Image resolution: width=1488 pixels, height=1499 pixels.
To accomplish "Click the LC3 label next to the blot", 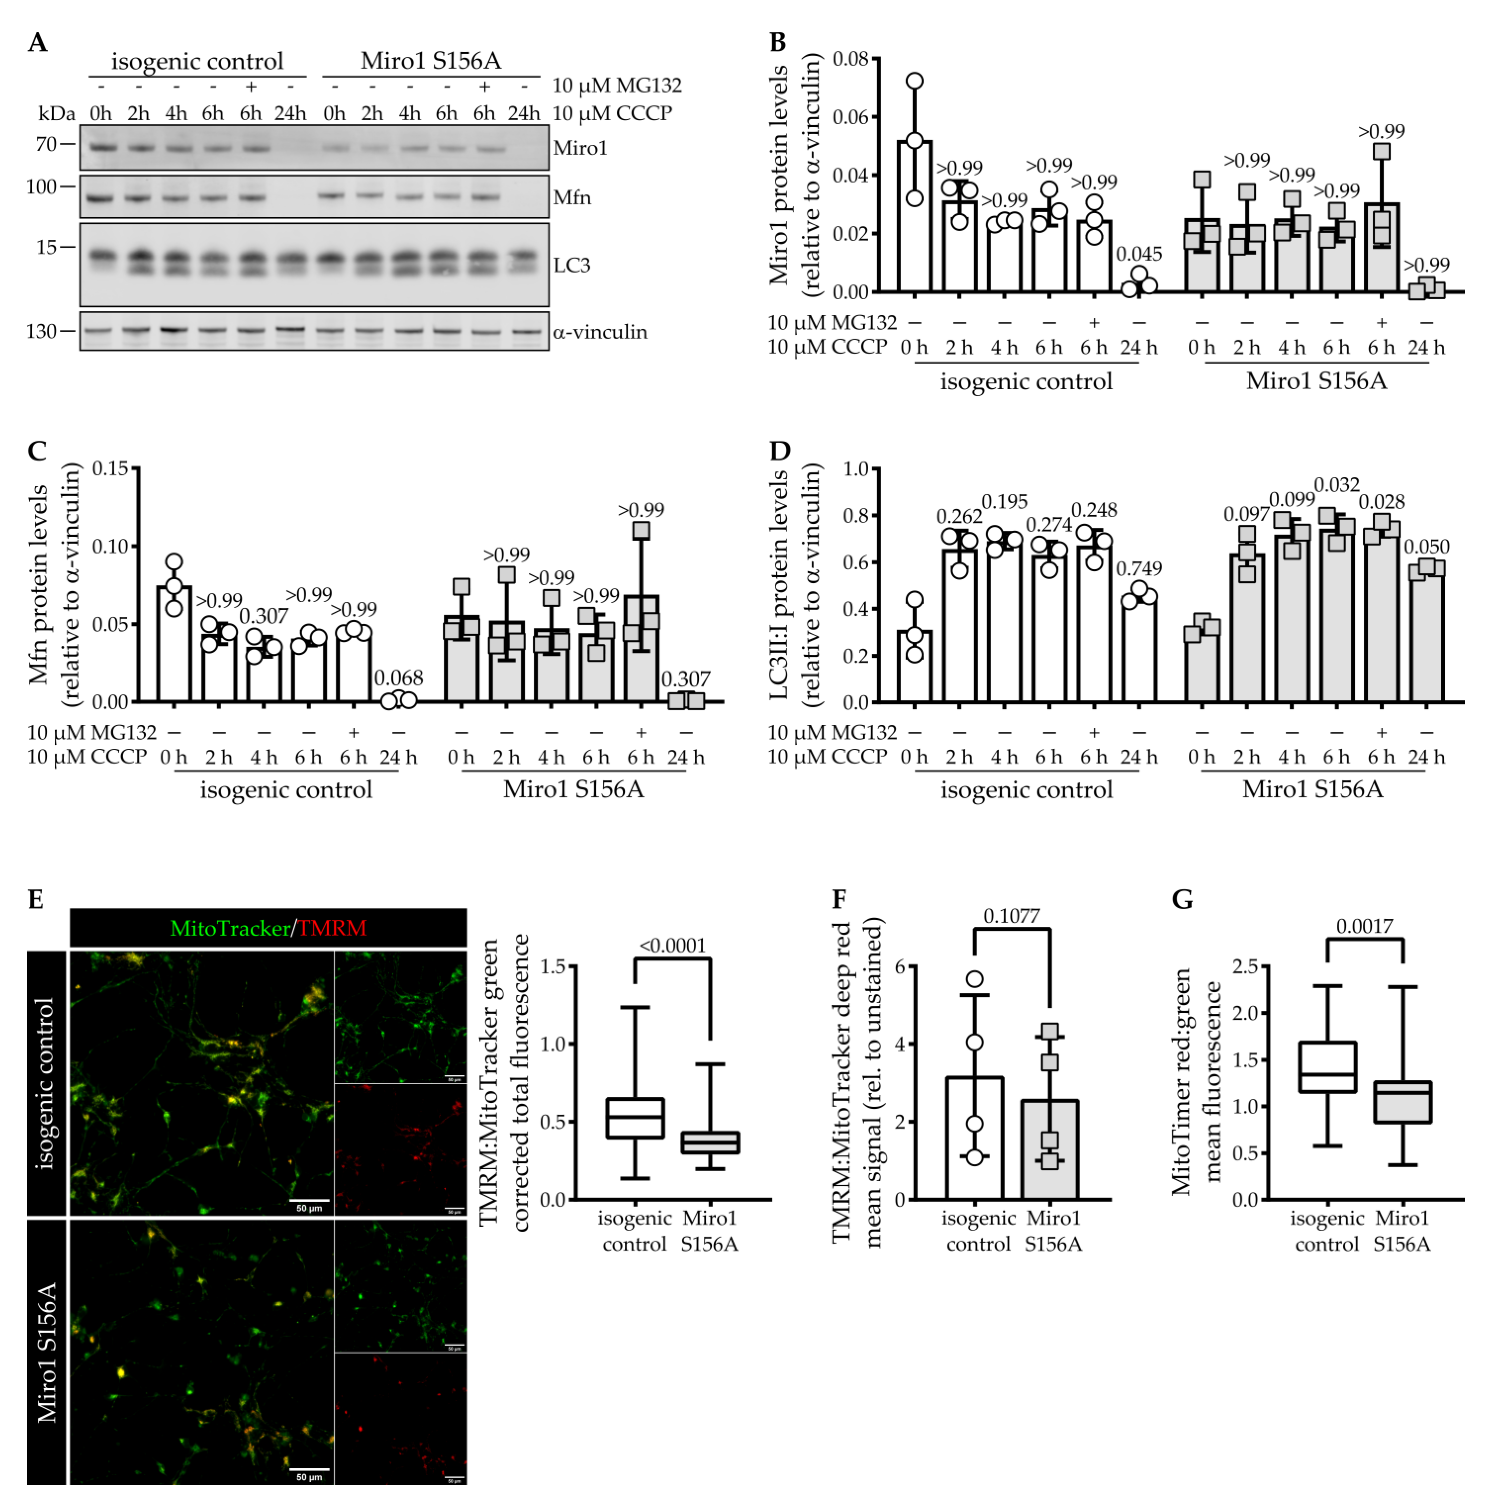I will tap(572, 265).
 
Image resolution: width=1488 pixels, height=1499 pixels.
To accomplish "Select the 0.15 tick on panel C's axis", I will tap(110, 469).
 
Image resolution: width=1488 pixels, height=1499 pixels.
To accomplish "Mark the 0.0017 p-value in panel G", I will tap(1364, 926).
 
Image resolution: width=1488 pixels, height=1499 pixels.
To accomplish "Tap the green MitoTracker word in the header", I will tap(230, 928).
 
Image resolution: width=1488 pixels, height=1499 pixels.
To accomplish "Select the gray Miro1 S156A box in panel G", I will tap(1403, 1102).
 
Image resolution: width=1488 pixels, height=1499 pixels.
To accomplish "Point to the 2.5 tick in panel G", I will tap(1246, 967).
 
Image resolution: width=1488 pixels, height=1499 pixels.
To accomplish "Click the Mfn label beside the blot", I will tap(572, 198).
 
